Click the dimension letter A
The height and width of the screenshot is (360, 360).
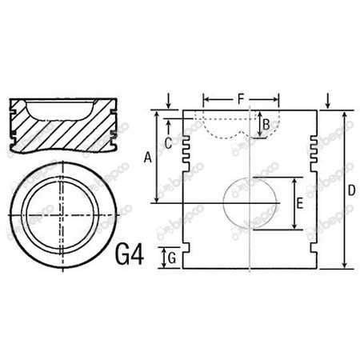[x=146, y=158]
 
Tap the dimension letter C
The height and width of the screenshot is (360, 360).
[x=168, y=142]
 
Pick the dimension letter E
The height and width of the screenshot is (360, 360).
[x=298, y=203]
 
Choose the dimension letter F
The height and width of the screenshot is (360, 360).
[x=241, y=98]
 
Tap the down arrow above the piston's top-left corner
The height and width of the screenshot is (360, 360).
[x=168, y=101]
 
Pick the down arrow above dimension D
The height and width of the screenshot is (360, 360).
[x=329, y=101]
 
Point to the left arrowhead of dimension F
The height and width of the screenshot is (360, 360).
[x=206, y=99]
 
